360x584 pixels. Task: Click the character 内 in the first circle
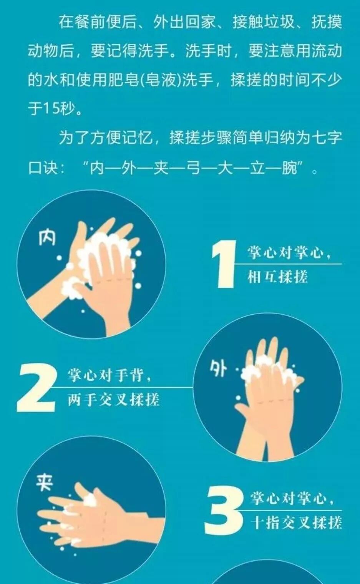pos(47,238)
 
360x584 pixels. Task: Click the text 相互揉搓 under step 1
pos(278,277)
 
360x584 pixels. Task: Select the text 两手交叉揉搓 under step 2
pos(114,400)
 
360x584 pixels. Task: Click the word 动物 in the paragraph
pos(43,51)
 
